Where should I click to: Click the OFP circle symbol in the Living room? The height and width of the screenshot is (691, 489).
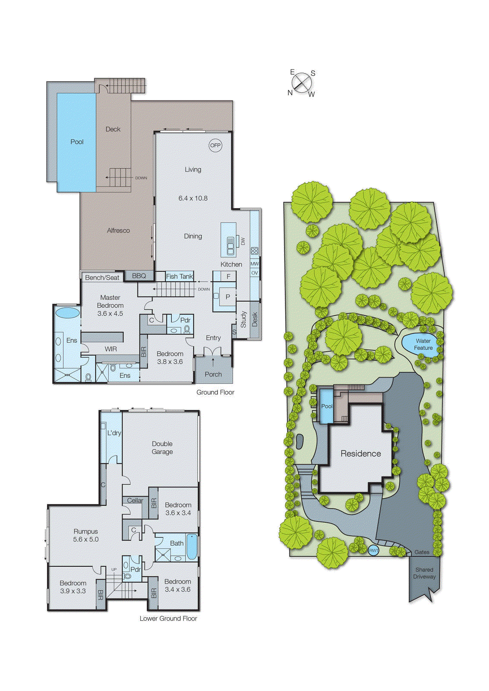tap(215, 146)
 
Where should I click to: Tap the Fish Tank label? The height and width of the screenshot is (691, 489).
tap(180, 276)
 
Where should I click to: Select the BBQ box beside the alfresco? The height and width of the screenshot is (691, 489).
tap(139, 276)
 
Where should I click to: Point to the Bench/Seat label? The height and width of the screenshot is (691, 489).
tap(102, 278)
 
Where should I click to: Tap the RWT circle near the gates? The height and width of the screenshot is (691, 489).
tap(374, 550)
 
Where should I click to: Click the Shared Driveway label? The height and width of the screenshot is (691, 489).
tap(424, 573)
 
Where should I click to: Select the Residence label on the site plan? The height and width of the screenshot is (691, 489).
tap(360, 453)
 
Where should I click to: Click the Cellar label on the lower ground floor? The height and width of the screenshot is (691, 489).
tap(135, 500)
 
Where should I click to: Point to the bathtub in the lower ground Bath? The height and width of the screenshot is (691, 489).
tap(192, 547)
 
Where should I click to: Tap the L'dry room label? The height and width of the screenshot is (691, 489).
tap(114, 433)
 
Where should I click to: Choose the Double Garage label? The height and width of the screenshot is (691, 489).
tap(162, 447)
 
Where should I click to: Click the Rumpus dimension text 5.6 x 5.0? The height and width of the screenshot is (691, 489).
tap(86, 539)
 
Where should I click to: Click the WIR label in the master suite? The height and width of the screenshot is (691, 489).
tap(111, 349)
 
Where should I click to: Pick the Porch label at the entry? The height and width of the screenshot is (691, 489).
tap(213, 374)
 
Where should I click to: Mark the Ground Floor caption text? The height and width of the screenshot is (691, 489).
tap(215, 392)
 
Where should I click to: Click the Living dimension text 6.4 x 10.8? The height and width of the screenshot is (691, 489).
tap(193, 198)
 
